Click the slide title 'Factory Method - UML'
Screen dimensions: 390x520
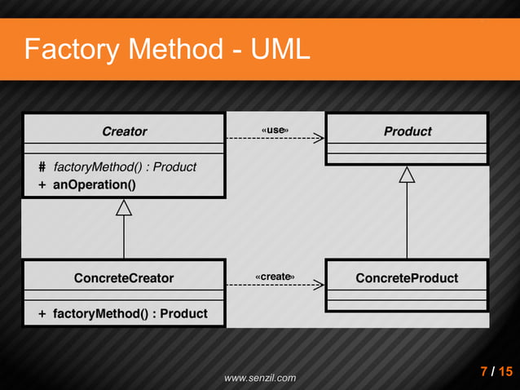tap(167, 50)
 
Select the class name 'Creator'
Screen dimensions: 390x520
tap(124, 131)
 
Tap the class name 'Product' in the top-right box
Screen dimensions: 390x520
tap(407, 131)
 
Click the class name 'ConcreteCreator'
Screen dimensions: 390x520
tap(124, 278)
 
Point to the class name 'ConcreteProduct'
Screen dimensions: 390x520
tap(407, 278)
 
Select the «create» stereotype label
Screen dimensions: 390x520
tap(275, 277)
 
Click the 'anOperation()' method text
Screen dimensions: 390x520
tap(95, 184)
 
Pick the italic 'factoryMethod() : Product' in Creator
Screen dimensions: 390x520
tap(125, 167)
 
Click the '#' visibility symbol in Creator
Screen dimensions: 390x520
tap(42, 167)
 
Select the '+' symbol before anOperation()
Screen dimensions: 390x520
tap(42, 184)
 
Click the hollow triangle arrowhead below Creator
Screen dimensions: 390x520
tap(124, 207)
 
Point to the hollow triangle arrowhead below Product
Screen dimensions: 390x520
tap(407, 174)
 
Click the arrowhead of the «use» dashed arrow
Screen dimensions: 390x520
tap(319, 140)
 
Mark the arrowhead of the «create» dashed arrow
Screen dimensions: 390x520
tap(319, 286)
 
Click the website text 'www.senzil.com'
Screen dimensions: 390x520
tap(260, 378)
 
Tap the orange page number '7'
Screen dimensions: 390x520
tap(484, 373)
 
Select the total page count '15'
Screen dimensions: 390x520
tap(506, 373)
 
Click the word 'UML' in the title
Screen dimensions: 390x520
tap(280, 50)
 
